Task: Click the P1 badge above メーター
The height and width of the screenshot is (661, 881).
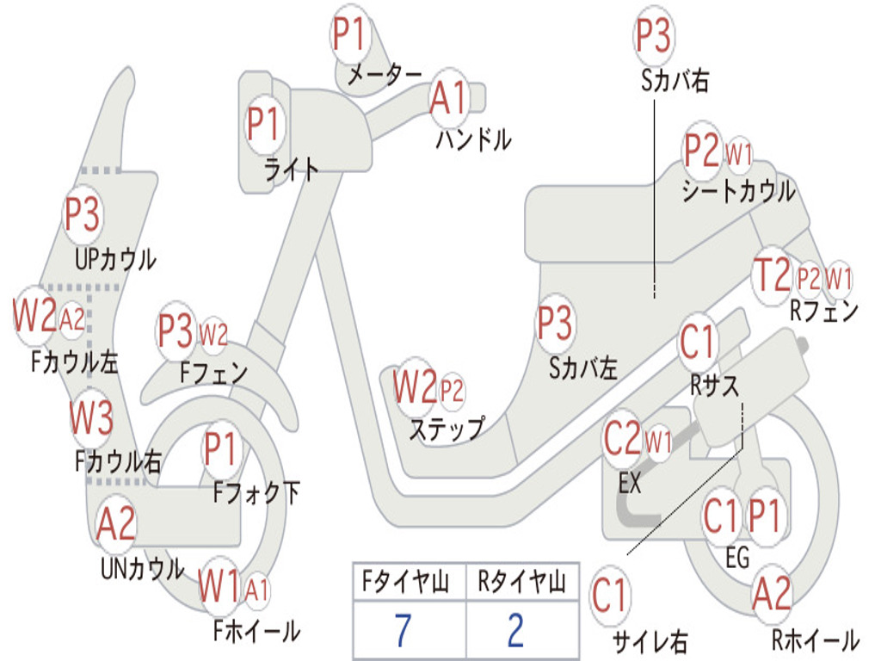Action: tap(349, 35)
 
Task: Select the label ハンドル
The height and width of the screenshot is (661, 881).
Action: tap(473, 139)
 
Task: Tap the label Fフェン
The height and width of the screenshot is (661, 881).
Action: tap(213, 373)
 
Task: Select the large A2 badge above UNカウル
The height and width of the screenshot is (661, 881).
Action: tap(116, 523)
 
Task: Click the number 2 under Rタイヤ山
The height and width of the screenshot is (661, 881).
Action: tap(515, 631)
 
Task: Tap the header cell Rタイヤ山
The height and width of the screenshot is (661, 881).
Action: tap(521, 583)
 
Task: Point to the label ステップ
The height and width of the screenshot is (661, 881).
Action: tap(446, 428)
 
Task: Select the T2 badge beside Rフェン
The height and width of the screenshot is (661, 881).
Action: tap(771, 275)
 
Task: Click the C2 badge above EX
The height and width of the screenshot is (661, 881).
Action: tap(623, 440)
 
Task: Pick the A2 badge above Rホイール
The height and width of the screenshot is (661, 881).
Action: tap(772, 594)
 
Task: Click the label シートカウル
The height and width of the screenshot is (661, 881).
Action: tap(738, 192)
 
